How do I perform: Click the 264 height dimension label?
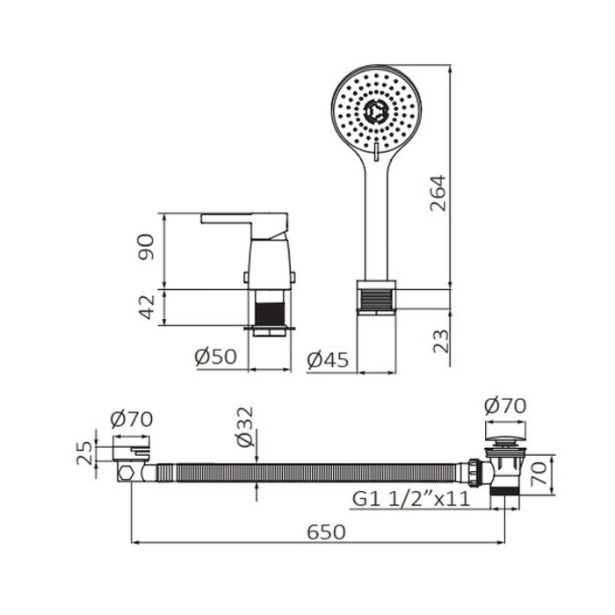438,193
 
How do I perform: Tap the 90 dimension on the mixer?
146,247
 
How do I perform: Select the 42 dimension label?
148,307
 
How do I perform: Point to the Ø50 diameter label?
216,357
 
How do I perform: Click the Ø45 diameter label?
328,360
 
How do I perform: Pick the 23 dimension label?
441,341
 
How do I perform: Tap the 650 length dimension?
326,532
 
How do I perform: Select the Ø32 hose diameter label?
245,427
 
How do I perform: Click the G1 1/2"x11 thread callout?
411,499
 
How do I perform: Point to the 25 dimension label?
84,453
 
